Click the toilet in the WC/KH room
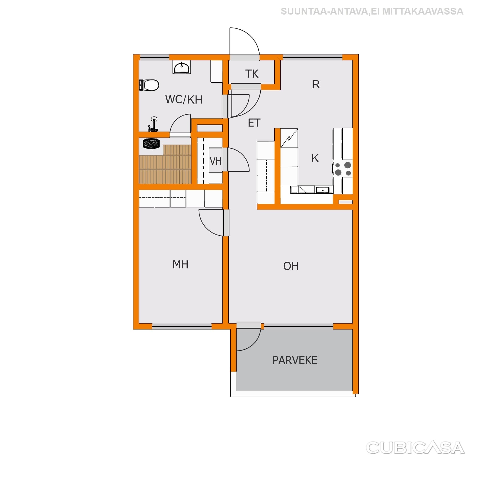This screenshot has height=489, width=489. pyautogui.click(x=149, y=85)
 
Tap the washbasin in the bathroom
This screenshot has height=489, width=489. pyautogui.click(x=182, y=68)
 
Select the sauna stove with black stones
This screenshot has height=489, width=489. pyautogui.click(x=151, y=144)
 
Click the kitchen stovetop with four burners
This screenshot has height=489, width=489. pyautogui.click(x=343, y=169)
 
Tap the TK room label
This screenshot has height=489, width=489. pyautogui.click(x=252, y=74)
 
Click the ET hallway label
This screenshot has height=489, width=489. pyautogui.click(x=254, y=123)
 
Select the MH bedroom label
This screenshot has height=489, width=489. pyautogui.click(x=181, y=265)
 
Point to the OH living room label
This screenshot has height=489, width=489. pyautogui.click(x=291, y=266)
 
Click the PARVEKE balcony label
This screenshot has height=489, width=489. pyautogui.click(x=295, y=360)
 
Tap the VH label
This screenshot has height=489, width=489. pyautogui.click(x=216, y=161)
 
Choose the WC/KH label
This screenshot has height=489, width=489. pyautogui.click(x=184, y=100)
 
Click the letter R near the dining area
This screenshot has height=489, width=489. pyautogui.click(x=316, y=85)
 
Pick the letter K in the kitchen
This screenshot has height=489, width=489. pyautogui.click(x=315, y=158)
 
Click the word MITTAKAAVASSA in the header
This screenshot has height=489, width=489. pyautogui.click(x=423, y=11)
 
